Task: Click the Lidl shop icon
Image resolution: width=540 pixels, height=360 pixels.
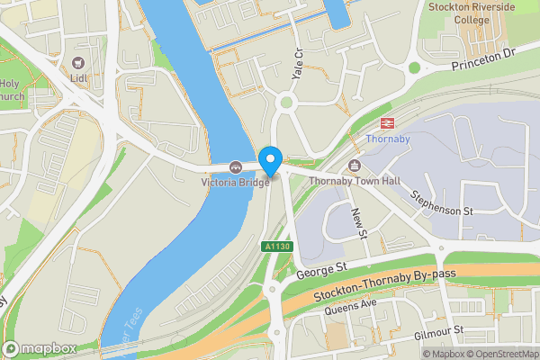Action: click(x=78, y=62)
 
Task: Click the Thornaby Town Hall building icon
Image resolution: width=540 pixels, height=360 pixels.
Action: click(x=354, y=165)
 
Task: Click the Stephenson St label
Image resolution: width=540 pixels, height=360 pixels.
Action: click(x=442, y=202)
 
